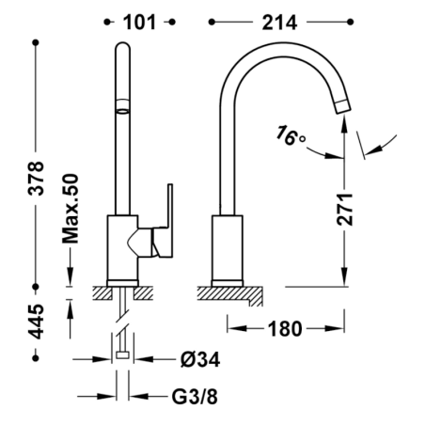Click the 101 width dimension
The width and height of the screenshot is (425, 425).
click(139, 23)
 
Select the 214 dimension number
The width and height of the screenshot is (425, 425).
click(279, 23)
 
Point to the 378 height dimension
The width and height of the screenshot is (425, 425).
click(36, 179)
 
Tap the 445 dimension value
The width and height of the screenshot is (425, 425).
click(36, 322)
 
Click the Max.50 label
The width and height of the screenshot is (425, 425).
click(70, 209)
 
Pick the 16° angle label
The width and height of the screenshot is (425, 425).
click(290, 136)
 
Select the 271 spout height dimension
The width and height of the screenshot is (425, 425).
click(345, 210)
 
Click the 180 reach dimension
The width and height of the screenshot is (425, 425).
click(285, 329)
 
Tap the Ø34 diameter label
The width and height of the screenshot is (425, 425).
click(200, 359)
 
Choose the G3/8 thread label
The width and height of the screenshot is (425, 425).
click(195, 397)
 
